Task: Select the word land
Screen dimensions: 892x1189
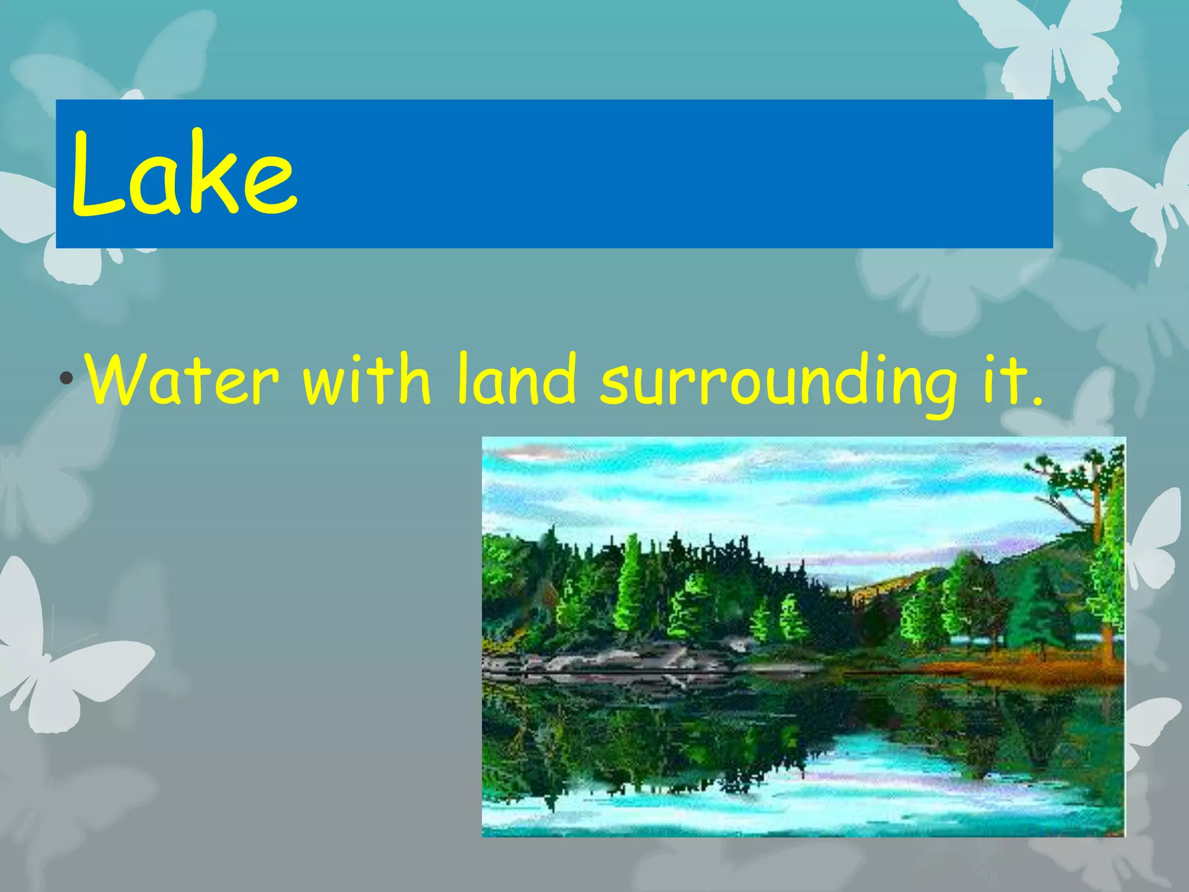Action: (516, 380)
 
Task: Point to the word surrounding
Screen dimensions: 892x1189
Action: (778, 383)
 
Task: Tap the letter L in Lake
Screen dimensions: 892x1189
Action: (96, 174)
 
